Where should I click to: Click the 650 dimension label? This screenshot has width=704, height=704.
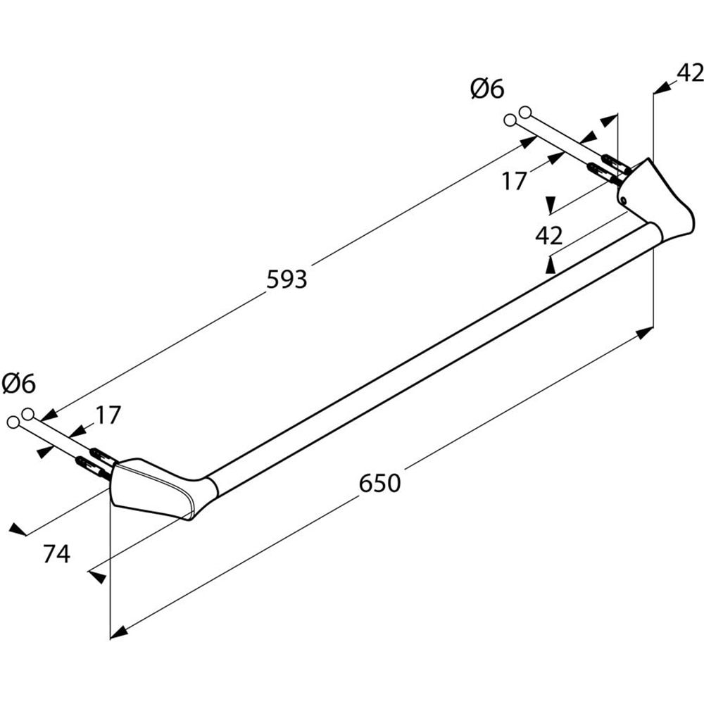coord(379,483)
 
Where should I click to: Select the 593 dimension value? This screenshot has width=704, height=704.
coord(287,279)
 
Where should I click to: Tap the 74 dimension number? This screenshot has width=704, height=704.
coord(56,555)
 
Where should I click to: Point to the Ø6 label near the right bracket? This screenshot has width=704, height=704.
coord(486,89)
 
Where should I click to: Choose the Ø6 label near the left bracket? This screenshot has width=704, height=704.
coord(18,384)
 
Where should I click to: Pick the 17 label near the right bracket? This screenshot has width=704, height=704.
coord(514,181)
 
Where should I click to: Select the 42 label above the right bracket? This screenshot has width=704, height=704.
coord(690,73)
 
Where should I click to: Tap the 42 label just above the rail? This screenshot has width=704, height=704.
coord(549,236)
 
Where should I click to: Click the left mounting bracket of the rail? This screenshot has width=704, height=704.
coord(151,486)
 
